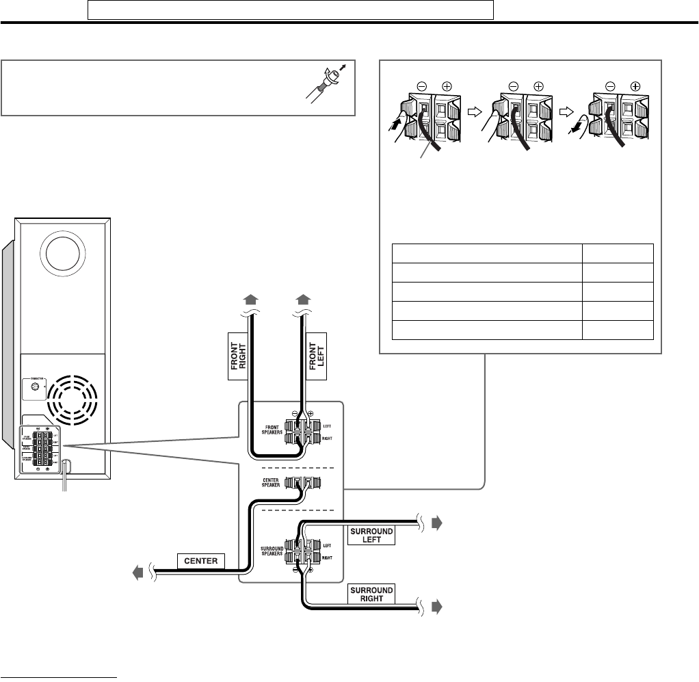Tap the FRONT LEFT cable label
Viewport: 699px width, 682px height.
click(x=317, y=356)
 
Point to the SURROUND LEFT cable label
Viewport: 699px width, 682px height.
click(x=373, y=534)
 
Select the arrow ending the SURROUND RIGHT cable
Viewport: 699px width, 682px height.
click(x=438, y=606)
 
